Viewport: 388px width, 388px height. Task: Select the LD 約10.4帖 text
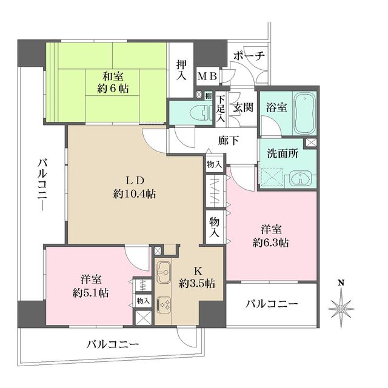click(134, 187)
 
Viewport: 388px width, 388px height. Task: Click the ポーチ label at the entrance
click(249, 55)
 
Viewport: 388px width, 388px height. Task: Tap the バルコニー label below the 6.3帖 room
click(271, 304)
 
